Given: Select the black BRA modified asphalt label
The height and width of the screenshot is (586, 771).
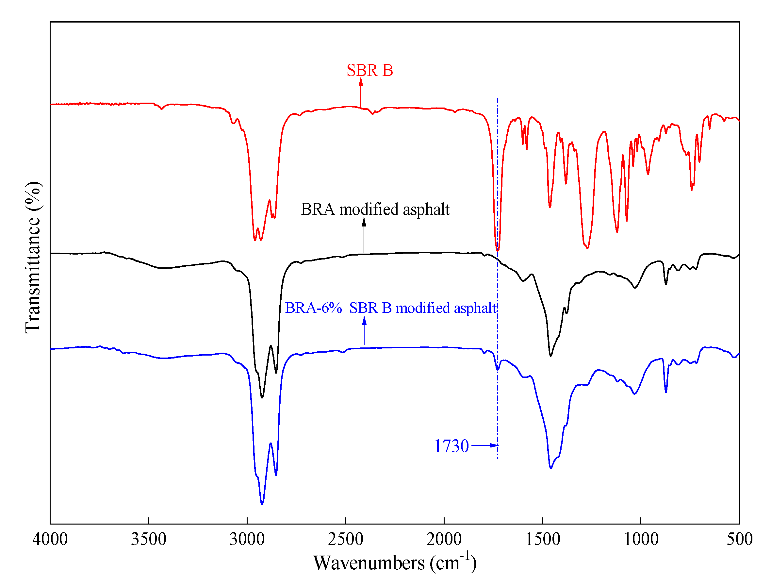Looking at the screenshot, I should [x=375, y=209].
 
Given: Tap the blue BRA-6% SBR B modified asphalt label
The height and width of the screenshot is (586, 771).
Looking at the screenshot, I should [x=390, y=308].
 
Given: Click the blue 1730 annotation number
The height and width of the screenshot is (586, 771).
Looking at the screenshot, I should [x=451, y=446].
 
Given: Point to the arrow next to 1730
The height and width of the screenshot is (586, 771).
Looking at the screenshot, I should [x=484, y=445].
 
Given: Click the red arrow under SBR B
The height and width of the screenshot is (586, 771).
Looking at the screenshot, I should [x=361, y=92].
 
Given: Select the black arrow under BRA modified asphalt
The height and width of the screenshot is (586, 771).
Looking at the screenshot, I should [x=364, y=235].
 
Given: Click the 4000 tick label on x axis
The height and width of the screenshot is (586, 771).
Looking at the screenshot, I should [x=50, y=539].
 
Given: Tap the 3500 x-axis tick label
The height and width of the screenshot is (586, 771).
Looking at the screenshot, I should [x=149, y=539].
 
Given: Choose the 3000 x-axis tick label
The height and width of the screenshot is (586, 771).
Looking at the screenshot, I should [x=247, y=539].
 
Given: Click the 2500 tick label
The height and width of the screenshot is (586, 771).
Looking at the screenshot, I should [x=346, y=539].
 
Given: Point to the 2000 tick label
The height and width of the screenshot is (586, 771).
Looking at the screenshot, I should [x=444, y=539].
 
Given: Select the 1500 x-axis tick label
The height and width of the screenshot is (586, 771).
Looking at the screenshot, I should [x=543, y=539].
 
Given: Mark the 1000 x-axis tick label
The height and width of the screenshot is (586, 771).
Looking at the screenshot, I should [x=641, y=539].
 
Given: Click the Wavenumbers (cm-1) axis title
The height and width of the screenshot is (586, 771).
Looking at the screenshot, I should [x=395, y=562].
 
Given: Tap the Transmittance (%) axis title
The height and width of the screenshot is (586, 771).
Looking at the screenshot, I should [x=33, y=258].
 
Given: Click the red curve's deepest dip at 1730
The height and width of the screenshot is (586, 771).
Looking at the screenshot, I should [x=498, y=250].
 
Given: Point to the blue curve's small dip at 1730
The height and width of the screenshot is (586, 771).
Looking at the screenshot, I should [x=498, y=369].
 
